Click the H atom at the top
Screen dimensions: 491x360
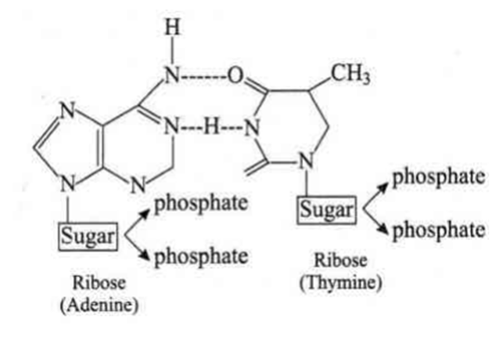[x=173, y=27]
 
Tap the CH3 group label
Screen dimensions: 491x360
[x=350, y=74]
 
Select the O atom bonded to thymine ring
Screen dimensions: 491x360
[x=236, y=75]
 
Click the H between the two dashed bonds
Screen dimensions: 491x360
[x=211, y=127]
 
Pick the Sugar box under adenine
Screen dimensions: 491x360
[x=88, y=236]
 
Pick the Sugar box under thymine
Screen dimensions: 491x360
[x=326, y=210]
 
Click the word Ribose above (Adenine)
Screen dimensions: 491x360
[x=99, y=283]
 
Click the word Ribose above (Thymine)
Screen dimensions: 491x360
[x=340, y=261]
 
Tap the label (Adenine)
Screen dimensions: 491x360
[x=99, y=304]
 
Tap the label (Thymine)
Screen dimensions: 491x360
[x=340, y=283]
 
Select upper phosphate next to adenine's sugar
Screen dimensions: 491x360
[x=202, y=204]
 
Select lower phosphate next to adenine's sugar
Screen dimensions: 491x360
[x=202, y=257]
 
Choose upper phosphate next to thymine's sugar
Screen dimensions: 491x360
[x=439, y=177]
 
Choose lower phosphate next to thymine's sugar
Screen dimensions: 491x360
[x=439, y=231]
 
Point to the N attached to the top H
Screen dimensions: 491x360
[x=172, y=75]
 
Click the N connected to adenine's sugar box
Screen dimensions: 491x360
[x=67, y=184]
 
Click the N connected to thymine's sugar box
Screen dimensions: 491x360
[x=306, y=161]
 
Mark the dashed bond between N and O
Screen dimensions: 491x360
[x=203, y=76]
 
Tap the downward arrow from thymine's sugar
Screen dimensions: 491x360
[x=375, y=221]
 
